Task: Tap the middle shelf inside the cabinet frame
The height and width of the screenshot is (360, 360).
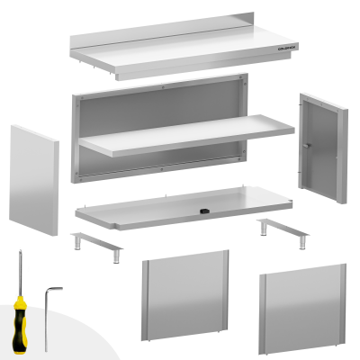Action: tap(184, 134)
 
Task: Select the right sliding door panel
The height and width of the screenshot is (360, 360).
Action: tap(302, 304)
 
